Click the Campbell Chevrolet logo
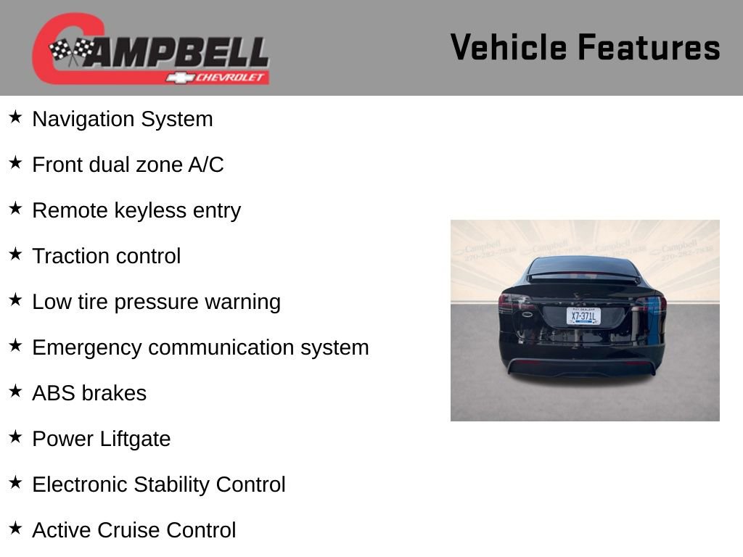click(x=150, y=49)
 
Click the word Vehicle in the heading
click(x=509, y=47)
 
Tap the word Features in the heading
click(x=649, y=47)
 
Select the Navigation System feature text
click(x=122, y=119)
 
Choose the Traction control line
click(x=106, y=256)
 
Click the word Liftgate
click(x=136, y=439)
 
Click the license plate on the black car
click(x=583, y=316)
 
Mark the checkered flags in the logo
click(x=70, y=51)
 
